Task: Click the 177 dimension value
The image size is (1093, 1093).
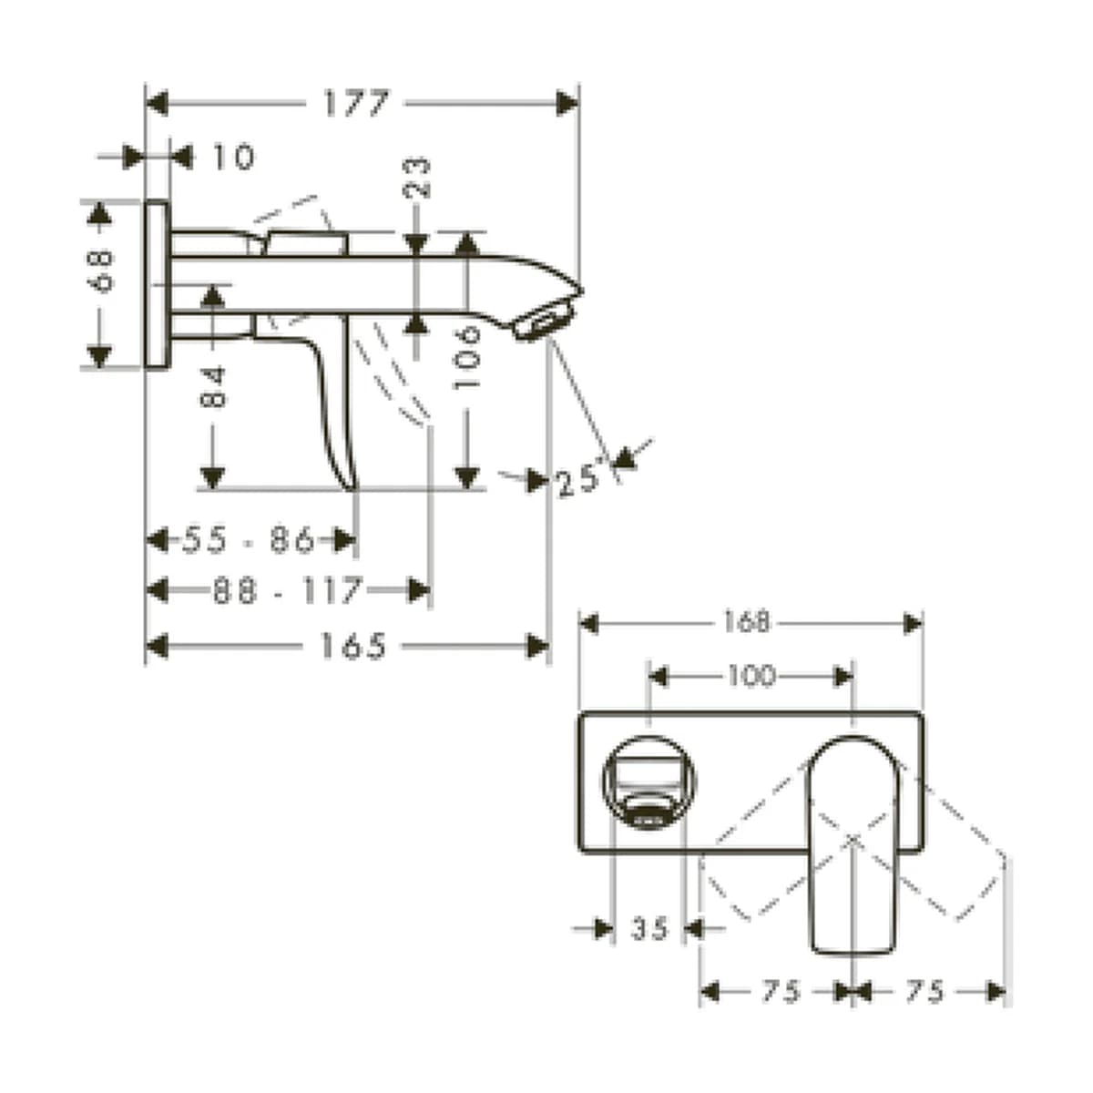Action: pos(356,103)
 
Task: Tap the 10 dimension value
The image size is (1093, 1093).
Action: pos(234,157)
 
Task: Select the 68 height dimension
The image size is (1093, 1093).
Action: pos(100,271)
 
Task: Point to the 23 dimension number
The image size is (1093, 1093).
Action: pos(417,179)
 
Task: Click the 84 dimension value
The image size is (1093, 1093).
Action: pos(213,388)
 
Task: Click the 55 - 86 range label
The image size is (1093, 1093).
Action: pos(249,539)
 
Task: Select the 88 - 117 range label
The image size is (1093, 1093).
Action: pos(287,590)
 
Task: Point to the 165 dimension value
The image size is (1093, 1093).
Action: pos(353,646)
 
